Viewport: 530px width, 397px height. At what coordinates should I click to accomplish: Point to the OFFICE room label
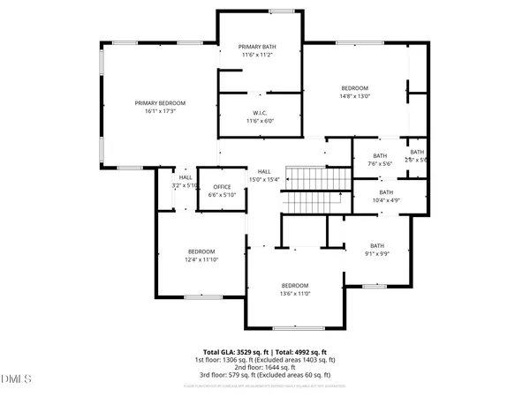point(221,187)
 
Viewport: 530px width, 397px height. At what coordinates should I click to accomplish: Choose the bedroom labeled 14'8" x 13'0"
point(355,88)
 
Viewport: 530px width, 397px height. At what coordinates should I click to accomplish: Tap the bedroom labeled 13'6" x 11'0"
point(295,285)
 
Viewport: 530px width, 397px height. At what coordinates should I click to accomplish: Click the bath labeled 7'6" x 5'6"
point(377,154)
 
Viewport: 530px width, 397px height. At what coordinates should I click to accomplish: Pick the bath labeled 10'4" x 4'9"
point(386,192)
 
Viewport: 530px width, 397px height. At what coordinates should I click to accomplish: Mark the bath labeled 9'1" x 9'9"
point(377,246)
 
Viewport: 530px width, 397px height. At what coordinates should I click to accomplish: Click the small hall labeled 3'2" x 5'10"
point(185,177)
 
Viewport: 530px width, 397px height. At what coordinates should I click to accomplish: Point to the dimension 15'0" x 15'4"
point(266,180)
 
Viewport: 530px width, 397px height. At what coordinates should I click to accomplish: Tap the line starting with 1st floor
point(265,360)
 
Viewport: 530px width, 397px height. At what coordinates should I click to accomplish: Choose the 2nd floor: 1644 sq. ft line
point(265,368)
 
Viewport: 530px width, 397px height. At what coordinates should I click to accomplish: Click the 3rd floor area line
point(265,376)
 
